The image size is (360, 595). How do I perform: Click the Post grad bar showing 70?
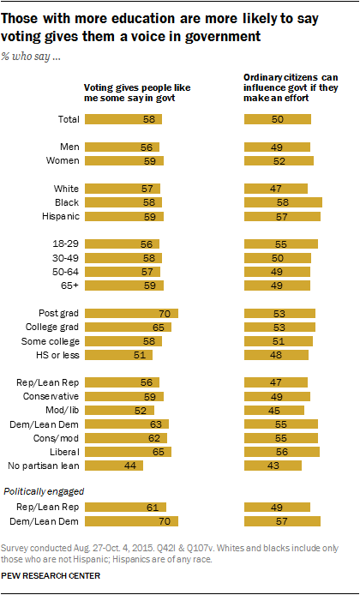(x=129, y=313)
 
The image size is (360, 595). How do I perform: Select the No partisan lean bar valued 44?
(x=112, y=466)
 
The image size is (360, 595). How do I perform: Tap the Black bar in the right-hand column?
(x=283, y=201)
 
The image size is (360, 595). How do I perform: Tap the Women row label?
(x=58, y=159)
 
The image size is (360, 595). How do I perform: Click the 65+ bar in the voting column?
(x=123, y=285)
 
